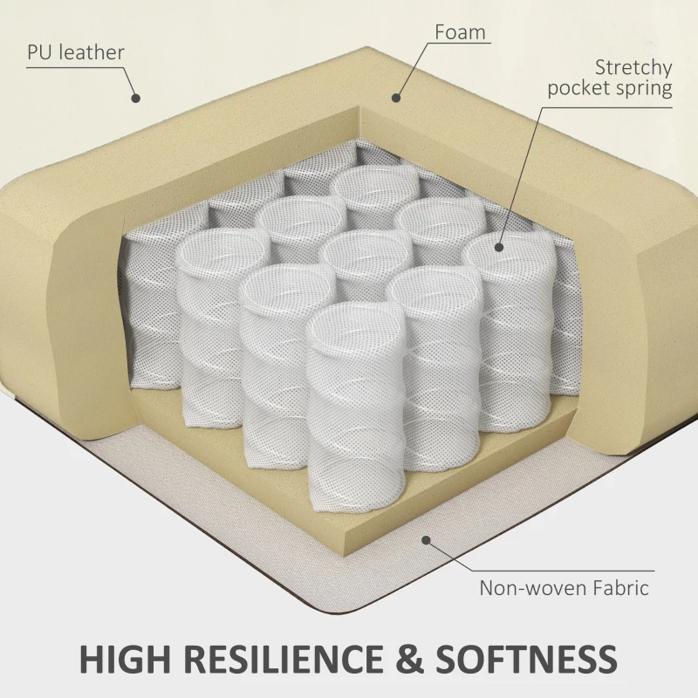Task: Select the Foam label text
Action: coord(461,33)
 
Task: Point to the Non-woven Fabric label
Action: coord(564,587)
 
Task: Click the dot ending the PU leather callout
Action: coord(135,98)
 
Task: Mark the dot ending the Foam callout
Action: coord(394,98)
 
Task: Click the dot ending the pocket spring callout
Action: coord(500,247)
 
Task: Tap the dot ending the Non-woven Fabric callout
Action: coord(427,540)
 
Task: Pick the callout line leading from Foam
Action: coord(414,65)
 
